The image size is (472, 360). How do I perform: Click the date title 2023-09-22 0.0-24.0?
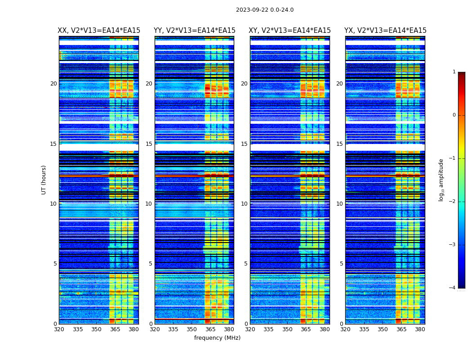tap(265, 10)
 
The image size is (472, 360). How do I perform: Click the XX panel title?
tap(99, 31)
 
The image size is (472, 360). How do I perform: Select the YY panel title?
tap(194, 31)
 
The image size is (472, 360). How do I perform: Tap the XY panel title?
tap(289, 31)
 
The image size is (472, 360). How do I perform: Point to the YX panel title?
tap(385, 31)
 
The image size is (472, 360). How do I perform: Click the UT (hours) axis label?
tap(44, 180)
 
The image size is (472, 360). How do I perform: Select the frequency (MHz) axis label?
tap(217, 338)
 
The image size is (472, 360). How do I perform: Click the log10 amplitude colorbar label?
tap(441, 180)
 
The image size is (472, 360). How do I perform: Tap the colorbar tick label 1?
tap(454, 72)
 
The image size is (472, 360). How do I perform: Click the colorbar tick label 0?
tap(454, 115)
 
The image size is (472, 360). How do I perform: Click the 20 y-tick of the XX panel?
tap(53, 84)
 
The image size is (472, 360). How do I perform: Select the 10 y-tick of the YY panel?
tap(149, 204)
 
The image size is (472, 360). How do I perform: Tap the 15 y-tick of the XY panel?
tap(244, 144)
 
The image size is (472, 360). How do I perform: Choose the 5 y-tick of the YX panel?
tap(341, 264)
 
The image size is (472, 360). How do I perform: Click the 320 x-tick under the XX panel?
tap(59, 329)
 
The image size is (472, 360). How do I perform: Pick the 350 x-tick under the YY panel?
tap(192, 329)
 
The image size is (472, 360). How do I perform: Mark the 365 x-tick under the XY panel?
tap(306, 329)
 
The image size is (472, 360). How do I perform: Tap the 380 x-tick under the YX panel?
tap(420, 329)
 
